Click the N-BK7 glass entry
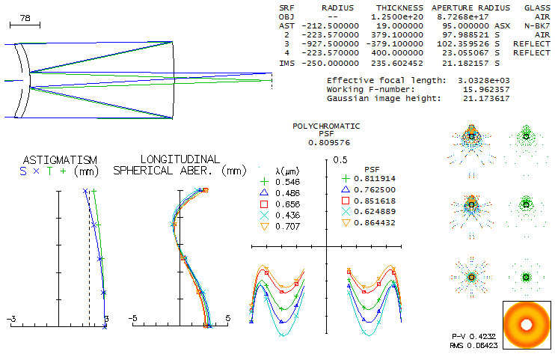click(x=536, y=25)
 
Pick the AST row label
click(x=287, y=25)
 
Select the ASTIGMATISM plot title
click(x=60, y=160)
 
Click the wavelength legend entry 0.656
click(x=287, y=204)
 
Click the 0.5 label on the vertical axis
click(x=340, y=159)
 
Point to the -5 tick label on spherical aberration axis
click(x=133, y=319)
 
